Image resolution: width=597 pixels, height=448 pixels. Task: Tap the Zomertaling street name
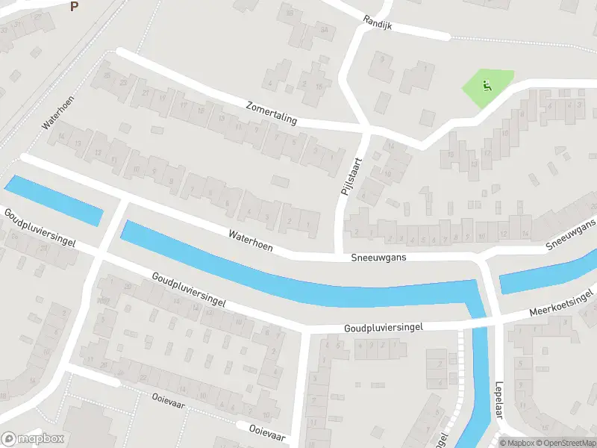271,113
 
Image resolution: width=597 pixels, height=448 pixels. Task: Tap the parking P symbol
73,6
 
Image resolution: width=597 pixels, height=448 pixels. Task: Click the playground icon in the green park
487,85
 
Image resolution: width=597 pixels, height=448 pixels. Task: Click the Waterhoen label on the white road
251,240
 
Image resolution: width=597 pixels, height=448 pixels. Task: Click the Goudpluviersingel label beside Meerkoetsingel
384,327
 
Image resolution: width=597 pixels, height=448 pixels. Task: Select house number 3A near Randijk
325,30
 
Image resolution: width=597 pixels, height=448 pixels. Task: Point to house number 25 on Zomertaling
108,75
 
